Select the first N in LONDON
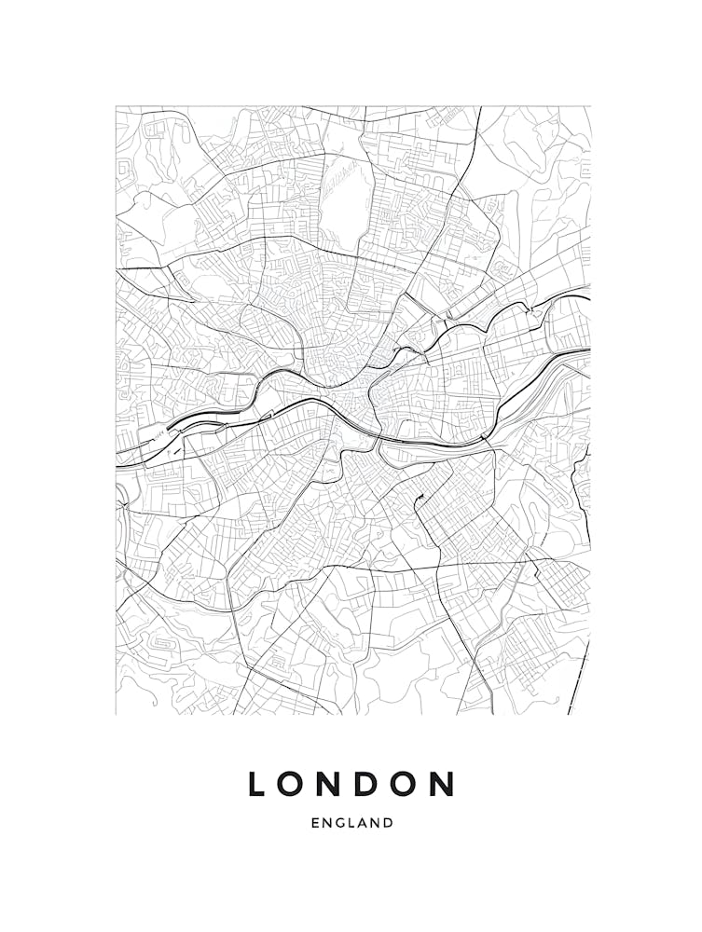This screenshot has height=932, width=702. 331,784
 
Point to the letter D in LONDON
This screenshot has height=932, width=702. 368,784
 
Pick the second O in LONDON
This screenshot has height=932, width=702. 406,784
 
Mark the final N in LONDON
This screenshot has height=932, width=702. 443,784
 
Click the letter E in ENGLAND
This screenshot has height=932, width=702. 315,823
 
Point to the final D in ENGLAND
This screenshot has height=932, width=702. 389,823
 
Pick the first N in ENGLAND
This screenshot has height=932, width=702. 327,823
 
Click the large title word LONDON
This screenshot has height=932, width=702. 351,784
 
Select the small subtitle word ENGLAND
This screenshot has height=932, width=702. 351,823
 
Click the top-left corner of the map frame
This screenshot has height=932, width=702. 116,106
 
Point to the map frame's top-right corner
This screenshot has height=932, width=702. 590,106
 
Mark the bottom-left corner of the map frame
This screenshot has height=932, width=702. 116,715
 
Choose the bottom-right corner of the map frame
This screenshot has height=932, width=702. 590,715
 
